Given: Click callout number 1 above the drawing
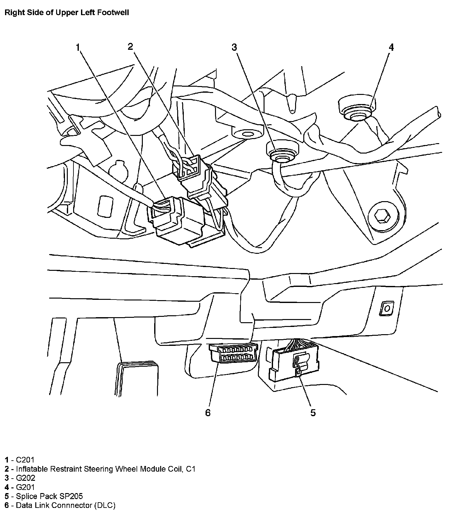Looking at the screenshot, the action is pyautogui.click(x=77, y=48).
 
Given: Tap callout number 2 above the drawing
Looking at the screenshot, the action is pyautogui.click(x=130, y=47).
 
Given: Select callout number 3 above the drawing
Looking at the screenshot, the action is pyautogui.click(x=234, y=47).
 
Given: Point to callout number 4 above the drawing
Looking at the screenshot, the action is pyautogui.click(x=391, y=47).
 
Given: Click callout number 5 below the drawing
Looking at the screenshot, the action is pyautogui.click(x=313, y=413).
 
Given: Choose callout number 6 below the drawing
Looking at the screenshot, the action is pyautogui.click(x=208, y=413).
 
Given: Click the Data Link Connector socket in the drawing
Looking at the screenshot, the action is pyautogui.click(x=233, y=353).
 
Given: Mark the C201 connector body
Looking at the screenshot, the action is pyautogui.click(x=180, y=221).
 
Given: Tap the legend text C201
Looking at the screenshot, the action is pyautogui.click(x=25, y=460).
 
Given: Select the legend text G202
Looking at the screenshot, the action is pyautogui.click(x=26, y=478).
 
